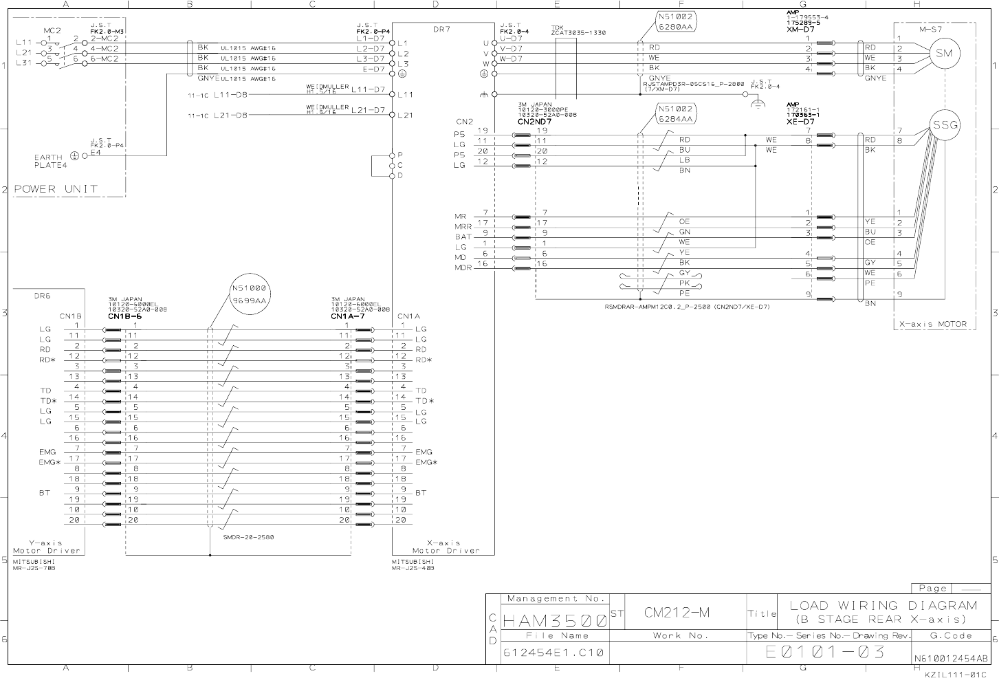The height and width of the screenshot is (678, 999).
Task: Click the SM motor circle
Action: [945, 54]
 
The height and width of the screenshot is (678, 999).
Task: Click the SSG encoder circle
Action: [945, 125]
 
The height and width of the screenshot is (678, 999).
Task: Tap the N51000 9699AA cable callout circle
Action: [248, 295]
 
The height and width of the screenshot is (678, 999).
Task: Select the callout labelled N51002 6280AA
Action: [677, 21]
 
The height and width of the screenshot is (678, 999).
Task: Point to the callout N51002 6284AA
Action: [677, 114]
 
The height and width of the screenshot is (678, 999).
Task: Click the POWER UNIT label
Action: [56, 188]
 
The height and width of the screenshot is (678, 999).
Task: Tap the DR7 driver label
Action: [441, 29]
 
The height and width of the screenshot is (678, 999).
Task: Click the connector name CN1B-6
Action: [124, 316]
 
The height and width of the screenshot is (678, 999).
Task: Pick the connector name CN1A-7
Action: [347, 316]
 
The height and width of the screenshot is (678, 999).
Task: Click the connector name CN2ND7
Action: [534, 121]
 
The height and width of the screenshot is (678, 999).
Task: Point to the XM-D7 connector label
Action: [800, 30]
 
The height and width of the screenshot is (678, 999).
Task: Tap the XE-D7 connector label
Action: [800, 121]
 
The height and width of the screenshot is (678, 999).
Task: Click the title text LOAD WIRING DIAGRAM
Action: [883, 605]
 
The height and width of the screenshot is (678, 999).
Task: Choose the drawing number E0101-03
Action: [825, 652]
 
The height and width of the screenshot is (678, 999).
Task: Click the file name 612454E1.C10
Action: [553, 653]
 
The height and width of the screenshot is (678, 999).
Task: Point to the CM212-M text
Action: [677, 612]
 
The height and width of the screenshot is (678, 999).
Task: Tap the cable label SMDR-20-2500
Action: [248, 537]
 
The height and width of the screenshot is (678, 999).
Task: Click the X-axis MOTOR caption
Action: [933, 324]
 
